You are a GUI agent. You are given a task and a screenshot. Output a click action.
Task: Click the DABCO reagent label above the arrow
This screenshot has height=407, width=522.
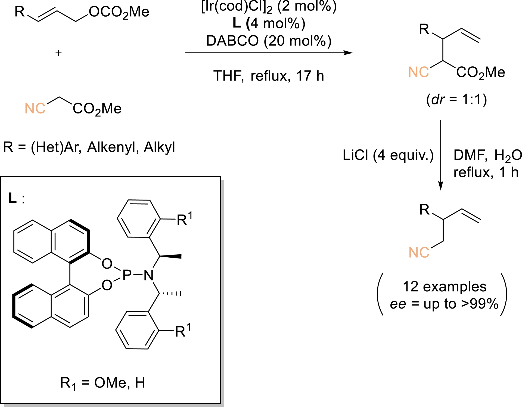tap(269, 41)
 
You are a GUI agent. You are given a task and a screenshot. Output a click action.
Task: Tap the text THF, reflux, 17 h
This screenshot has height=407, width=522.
tap(269, 76)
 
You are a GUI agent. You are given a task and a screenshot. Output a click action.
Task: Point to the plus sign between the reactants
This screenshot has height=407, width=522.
tap(58, 53)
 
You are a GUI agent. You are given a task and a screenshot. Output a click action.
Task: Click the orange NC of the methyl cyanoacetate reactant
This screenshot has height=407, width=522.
tap(35, 108)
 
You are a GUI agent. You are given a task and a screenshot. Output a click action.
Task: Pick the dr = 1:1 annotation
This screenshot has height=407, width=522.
tap(456, 99)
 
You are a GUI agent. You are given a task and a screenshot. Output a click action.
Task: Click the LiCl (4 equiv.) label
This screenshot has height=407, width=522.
tap(388, 155)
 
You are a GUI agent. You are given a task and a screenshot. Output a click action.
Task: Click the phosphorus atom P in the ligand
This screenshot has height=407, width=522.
tap(127, 275)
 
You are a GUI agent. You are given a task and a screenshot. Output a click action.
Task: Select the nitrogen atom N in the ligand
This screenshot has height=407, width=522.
tap(148, 276)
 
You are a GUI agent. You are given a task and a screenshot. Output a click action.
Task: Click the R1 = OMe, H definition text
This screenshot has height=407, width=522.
tap(102, 383)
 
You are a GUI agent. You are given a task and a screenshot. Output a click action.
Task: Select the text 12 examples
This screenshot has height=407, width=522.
tap(445, 286)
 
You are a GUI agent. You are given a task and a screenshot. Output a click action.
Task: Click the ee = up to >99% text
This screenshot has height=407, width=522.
tap(444, 304)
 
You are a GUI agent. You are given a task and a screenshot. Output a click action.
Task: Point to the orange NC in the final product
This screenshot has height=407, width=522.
tap(419, 252)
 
